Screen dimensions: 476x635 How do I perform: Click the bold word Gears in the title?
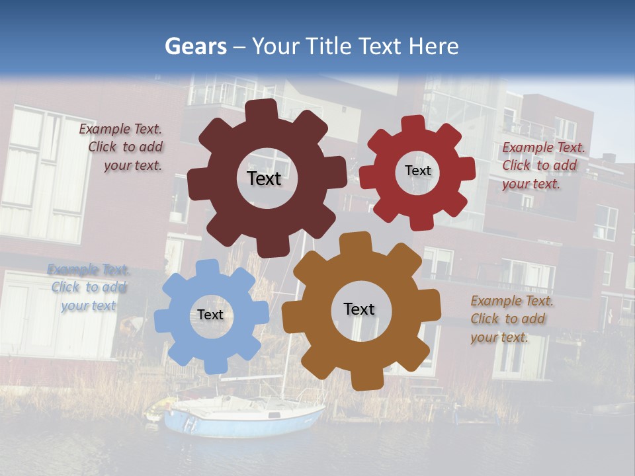pos(195,46)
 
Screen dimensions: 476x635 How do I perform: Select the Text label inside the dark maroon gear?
pos(264,178)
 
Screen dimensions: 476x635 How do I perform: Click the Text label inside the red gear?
pos(417,171)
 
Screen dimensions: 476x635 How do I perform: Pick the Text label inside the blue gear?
pos(210,315)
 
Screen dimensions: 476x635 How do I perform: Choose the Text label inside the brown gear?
pos(359,309)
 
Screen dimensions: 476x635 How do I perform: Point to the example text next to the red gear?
pos(542,165)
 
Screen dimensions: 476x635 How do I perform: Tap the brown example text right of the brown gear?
pos(511,319)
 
